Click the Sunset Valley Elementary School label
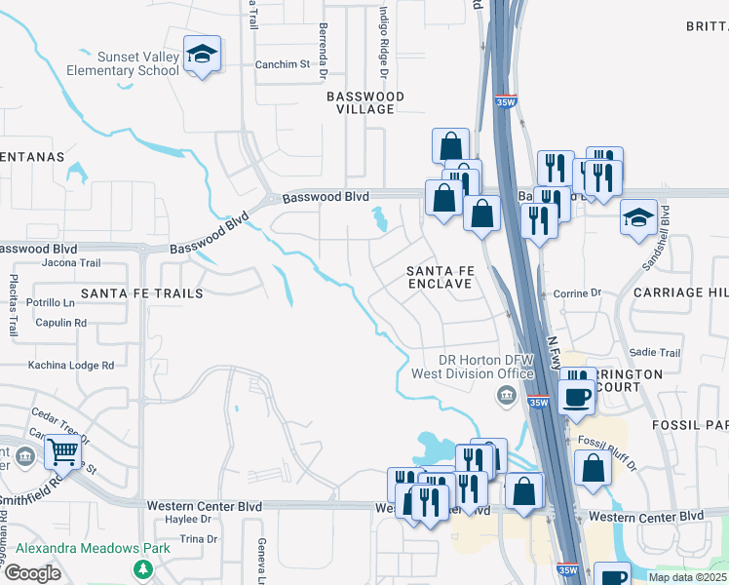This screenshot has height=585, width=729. [123, 64]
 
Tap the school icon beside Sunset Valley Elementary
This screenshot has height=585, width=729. [202, 56]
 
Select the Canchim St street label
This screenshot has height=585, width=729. [282, 65]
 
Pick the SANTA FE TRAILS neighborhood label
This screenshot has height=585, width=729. [141, 292]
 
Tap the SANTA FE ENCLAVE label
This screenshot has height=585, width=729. [439, 276]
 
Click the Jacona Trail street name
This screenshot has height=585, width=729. [71, 262]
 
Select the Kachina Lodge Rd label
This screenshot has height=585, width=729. [71, 365]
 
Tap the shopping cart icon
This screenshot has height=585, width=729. [62, 451]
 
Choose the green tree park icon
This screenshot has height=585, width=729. [143, 568]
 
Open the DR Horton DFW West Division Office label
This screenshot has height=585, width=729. [485, 367]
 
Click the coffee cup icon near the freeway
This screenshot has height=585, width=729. [578, 397]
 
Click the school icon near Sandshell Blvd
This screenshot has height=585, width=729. [638, 217]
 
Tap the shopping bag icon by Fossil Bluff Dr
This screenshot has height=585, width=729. [593, 468]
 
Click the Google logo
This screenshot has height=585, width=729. [32, 572]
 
